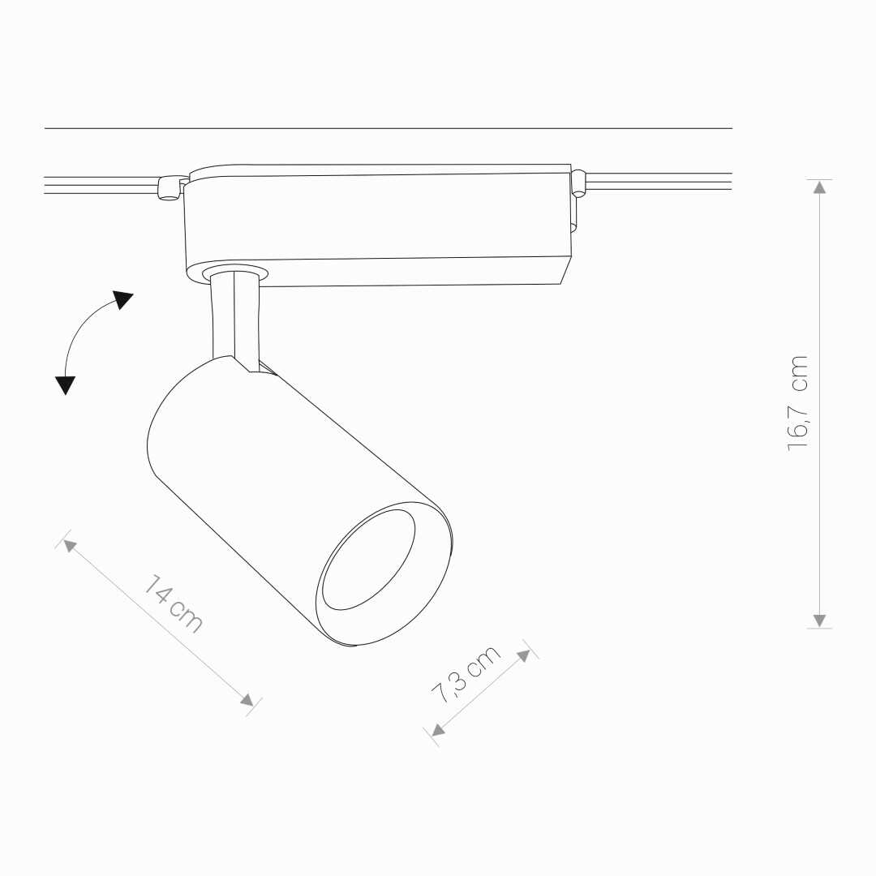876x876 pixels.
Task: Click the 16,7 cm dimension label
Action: pos(798,403)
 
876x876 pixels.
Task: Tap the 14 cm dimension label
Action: pos(174,604)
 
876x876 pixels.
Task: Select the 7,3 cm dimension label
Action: pos(466,674)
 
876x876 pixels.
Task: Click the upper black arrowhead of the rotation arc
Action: pos(122,299)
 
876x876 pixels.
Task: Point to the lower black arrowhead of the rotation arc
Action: pos(65,385)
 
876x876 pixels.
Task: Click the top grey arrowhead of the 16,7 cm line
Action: pos(819,187)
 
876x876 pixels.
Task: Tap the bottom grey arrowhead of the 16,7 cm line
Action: pos(819,620)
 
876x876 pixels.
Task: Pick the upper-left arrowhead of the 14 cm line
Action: pos(69,545)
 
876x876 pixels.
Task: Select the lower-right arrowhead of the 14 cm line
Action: pos(247,699)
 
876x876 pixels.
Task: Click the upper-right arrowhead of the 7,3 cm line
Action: pos(523,656)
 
